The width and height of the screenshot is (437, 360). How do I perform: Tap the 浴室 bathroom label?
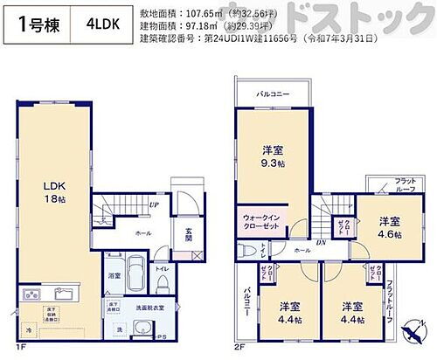click(114, 276)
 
